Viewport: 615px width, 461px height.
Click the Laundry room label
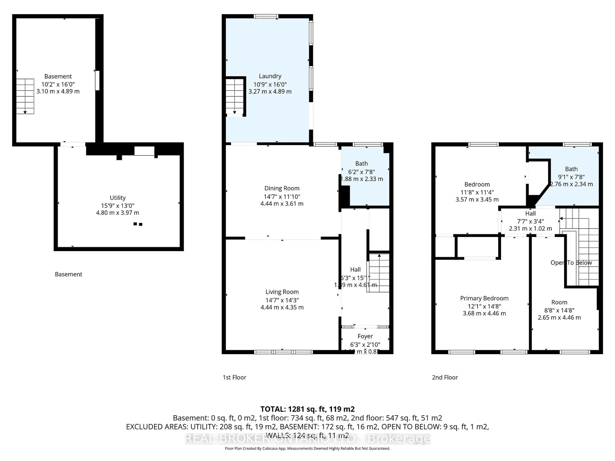coord(270,76)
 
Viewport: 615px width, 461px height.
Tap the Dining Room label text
coord(282,188)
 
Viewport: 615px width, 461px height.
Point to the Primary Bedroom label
coord(484,298)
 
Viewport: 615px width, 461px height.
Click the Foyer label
coord(365,336)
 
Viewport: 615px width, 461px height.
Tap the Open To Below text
coord(571,263)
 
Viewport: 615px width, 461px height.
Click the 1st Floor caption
coord(234,377)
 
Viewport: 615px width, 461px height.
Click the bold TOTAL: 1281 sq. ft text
coord(307,409)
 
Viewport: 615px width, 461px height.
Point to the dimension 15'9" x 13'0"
coord(118,206)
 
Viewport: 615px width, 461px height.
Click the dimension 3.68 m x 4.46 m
coord(484,313)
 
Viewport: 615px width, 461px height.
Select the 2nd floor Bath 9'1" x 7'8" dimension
coord(571,177)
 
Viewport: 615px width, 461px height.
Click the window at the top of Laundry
coord(266,16)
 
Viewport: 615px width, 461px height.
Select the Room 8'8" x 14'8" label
coord(559,302)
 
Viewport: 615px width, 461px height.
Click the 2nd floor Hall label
coord(530,213)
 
